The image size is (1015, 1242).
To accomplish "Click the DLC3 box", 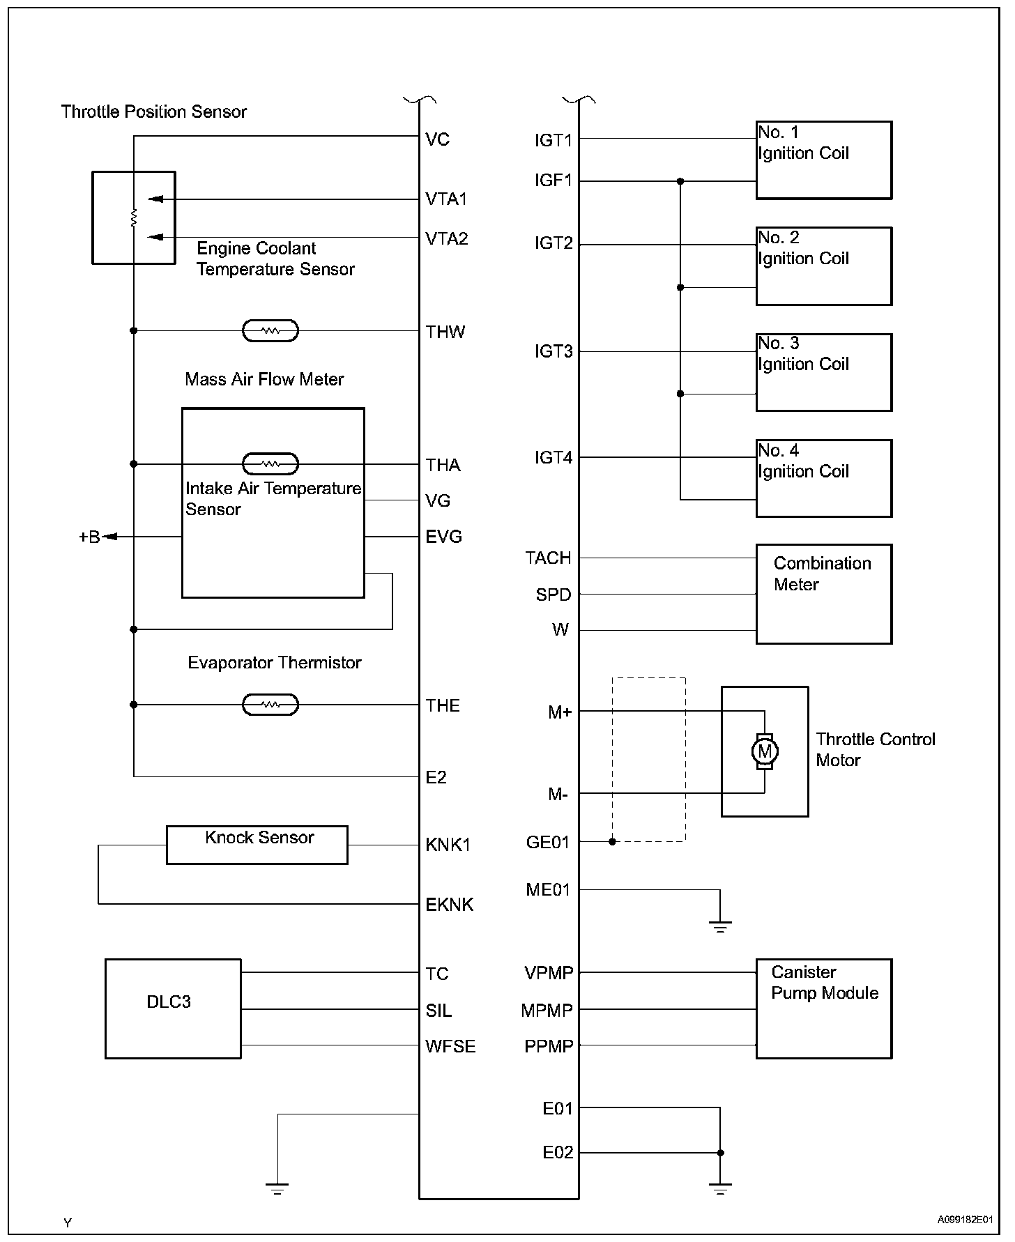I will pyautogui.click(x=173, y=1009).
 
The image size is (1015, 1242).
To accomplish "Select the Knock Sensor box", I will pyautogui.click(x=257, y=845).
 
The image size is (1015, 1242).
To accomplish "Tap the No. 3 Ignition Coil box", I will pyautogui.click(x=823, y=372).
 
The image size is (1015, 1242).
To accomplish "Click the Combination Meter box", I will pyautogui.click(x=823, y=594).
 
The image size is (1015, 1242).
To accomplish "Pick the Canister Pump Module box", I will pyautogui.click(x=823, y=1009).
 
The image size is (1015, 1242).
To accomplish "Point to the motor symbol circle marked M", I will pyautogui.click(x=765, y=751).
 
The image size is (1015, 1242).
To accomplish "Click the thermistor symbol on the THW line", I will pyautogui.click(x=270, y=330).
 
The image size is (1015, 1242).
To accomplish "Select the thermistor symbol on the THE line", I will pyautogui.click(x=270, y=705).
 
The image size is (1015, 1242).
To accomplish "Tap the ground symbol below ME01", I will pyautogui.click(x=720, y=927).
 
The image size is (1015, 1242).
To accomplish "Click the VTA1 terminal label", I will pyautogui.click(x=446, y=199).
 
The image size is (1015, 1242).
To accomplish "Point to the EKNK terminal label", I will pyautogui.click(x=449, y=905).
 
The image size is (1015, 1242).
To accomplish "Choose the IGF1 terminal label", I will pyautogui.click(x=553, y=181).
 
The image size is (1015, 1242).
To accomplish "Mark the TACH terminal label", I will pyautogui.click(x=548, y=558).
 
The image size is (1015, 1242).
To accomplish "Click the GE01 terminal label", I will pyautogui.click(x=547, y=843).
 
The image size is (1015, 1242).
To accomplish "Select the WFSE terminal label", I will pyautogui.click(x=450, y=1046).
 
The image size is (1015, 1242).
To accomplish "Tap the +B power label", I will pyautogui.click(x=90, y=537).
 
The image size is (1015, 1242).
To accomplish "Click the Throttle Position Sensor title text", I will pyautogui.click(x=154, y=112).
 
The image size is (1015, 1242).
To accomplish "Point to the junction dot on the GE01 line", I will pyautogui.click(x=612, y=842).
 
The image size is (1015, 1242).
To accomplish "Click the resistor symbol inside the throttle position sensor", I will pyautogui.click(x=134, y=218).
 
